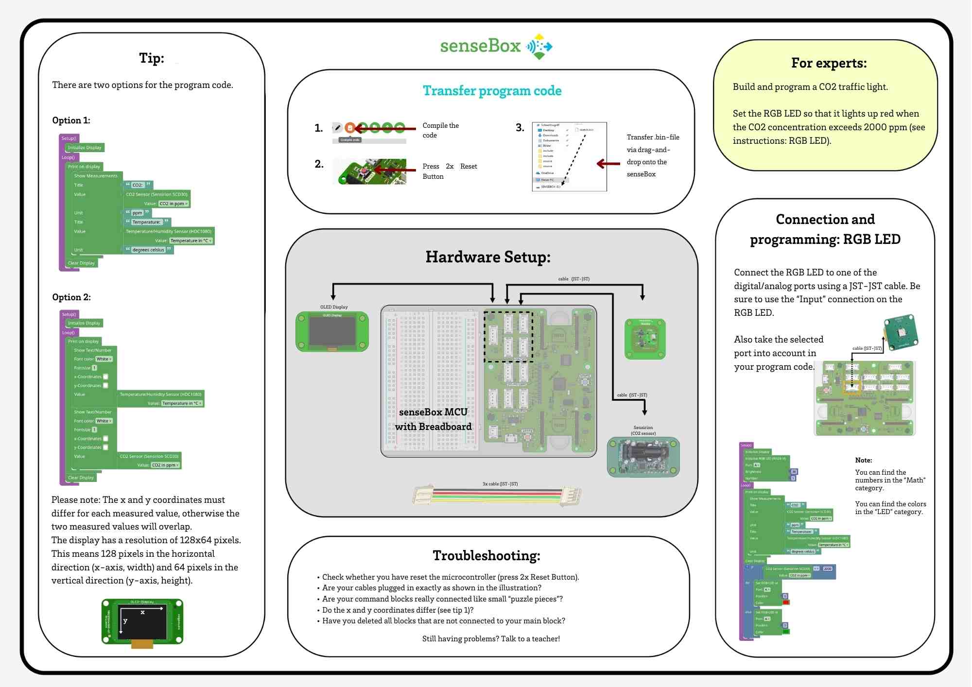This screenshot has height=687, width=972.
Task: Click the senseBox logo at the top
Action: click(x=496, y=46)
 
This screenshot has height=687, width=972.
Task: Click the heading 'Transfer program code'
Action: click(x=492, y=91)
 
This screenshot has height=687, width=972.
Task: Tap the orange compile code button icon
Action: click(x=350, y=128)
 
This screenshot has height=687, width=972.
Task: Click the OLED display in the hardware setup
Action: click(x=332, y=332)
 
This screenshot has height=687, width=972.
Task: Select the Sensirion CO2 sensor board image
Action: click(x=643, y=457)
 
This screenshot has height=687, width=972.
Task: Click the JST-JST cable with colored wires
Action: click(x=497, y=496)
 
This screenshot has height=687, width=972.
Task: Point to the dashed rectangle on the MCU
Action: click(x=508, y=337)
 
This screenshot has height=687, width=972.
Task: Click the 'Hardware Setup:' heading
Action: click(x=488, y=257)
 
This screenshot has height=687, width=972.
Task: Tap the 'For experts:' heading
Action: click(x=829, y=63)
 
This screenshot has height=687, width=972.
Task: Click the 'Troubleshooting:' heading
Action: click(x=486, y=555)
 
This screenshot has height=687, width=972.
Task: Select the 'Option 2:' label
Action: click(x=71, y=297)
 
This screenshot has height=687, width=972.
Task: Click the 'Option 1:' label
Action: click(x=71, y=120)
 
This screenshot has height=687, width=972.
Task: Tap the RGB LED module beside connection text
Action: click(x=901, y=332)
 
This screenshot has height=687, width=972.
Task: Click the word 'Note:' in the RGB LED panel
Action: click(x=864, y=460)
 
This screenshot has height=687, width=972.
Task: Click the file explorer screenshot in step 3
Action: click(x=569, y=156)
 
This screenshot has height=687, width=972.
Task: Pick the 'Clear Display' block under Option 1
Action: click(x=81, y=263)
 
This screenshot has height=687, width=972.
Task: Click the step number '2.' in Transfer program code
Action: click(x=319, y=164)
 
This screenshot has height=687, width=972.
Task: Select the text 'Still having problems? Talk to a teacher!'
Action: click(x=491, y=639)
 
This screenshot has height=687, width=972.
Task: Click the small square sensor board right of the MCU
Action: click(x=645, y=339)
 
